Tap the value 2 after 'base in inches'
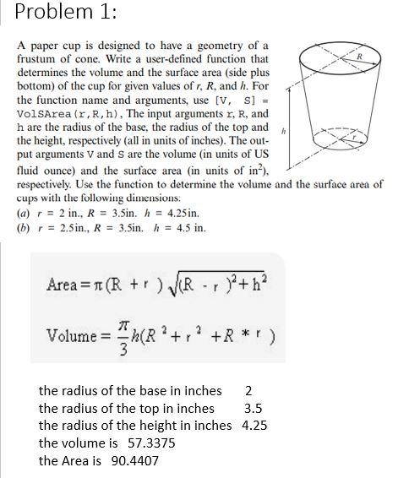(248, 390)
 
